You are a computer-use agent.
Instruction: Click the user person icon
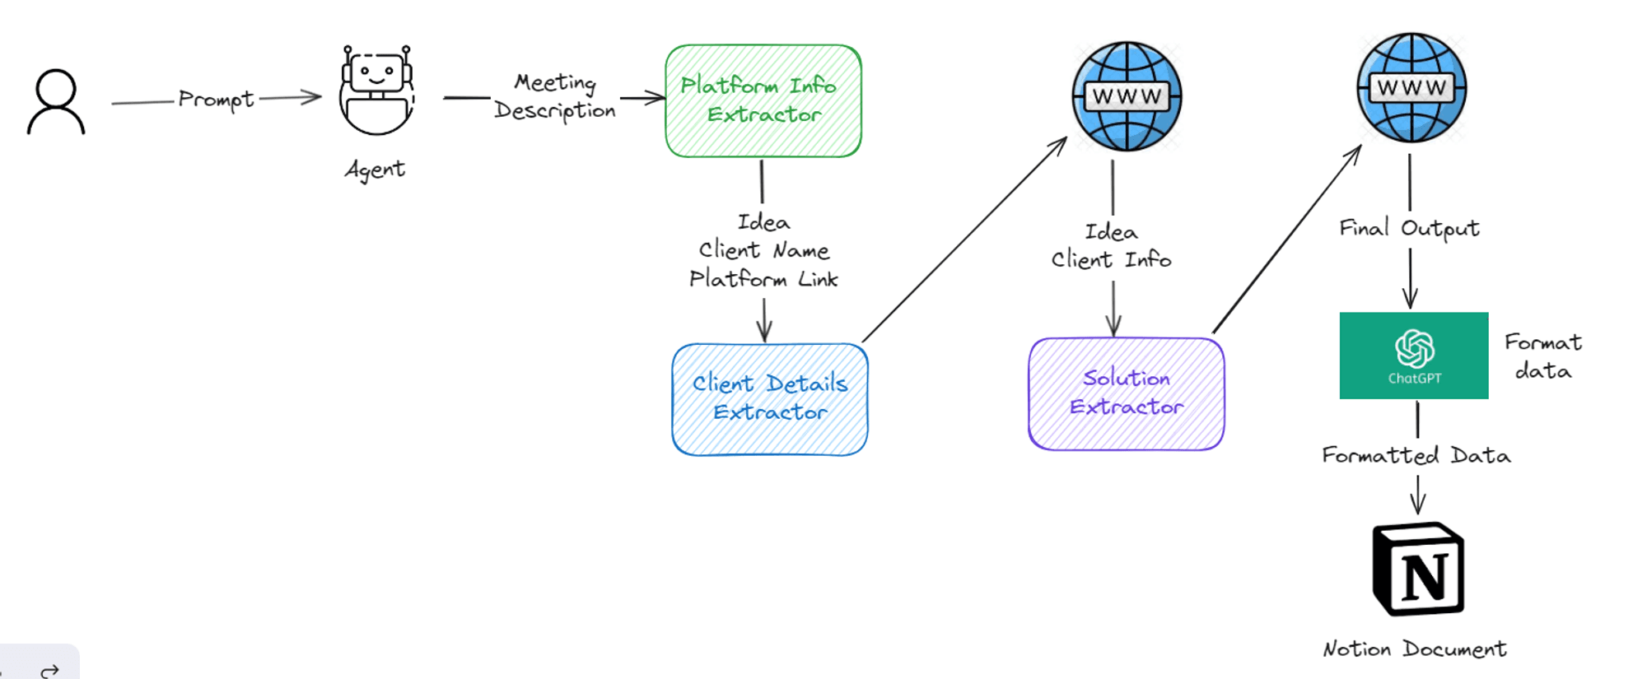coord(56,102)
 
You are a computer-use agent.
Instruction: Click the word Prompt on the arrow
coord(216,100)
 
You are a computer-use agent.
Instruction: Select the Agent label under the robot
coord(375,170)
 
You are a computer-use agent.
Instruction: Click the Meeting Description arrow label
coord(555,97)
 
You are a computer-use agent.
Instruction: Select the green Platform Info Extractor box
coord(763,100)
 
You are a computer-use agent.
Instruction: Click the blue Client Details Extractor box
coord(770,399)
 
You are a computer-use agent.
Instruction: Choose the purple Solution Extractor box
coord(1126,393)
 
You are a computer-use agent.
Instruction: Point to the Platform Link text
coord(763,279)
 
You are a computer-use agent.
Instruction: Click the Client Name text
coord(763,250)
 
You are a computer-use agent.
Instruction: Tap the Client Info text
coord(1111,260)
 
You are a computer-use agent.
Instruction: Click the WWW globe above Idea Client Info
coord(1127,96)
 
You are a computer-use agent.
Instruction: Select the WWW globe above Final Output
coord(1411,87)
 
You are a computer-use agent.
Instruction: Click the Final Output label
coord(1409,228)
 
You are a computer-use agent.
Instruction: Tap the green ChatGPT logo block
coord(1414,356)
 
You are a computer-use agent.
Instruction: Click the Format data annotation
coord(1542,356)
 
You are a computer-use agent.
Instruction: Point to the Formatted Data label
coord(1416,455)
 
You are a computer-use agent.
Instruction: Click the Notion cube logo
coord(1418,570)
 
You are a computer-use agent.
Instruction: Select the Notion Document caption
coord(1415,649)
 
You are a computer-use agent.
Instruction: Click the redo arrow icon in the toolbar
coord(50,671)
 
